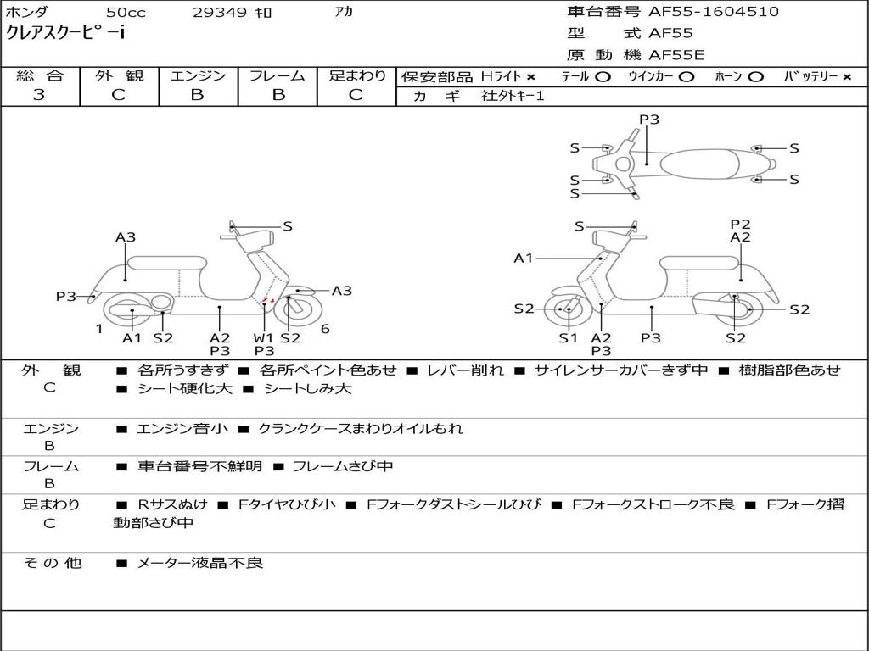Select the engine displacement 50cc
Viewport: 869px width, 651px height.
(x=125, y=13)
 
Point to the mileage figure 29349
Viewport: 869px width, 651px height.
(x=220, y=13)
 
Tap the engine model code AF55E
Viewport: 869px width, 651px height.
(x=676, y=55)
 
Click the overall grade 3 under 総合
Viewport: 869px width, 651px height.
(x=39, y=95)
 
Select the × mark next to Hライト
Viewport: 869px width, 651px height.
(x=530, y=77)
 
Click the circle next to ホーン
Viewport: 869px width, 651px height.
(x=755, y=77)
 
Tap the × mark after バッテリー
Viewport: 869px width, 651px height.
(x=846, y=77)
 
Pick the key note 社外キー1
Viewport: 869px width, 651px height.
(x=513, y=96)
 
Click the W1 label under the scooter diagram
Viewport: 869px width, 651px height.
(x=264, y=337)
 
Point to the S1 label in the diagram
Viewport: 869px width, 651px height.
(x=568, y=337)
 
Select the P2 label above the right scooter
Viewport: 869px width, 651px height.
(x=740, y=225)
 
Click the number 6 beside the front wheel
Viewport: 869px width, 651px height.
(x=325, y=329)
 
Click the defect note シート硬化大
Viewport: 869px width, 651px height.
(x=180, y=389)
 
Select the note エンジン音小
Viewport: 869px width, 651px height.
(x=182, y=429)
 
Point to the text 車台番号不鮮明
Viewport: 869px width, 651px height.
(x=199, y=466)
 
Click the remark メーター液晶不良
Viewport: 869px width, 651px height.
(x=199, y=563)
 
